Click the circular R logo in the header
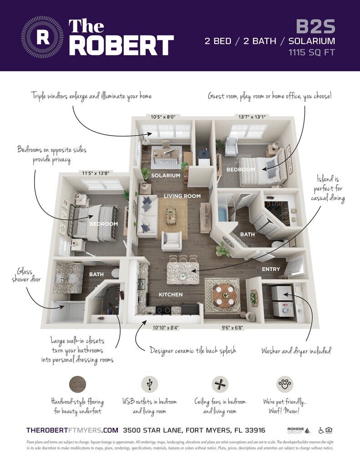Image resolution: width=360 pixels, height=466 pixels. coord(42,37)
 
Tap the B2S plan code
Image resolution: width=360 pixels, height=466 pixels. coord(315,26)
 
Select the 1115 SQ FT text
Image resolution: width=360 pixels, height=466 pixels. coord(312,53)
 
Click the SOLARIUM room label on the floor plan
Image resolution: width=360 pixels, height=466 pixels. coord(166,176)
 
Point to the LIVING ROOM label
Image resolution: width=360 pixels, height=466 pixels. coord(182,196)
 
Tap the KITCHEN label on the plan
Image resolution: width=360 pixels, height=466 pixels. coord(171,294)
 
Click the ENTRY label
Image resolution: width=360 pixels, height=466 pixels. coord(271,269)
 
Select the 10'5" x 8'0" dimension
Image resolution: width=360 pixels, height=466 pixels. coord(163,117)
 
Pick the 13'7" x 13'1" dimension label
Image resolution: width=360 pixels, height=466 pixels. coord(252,117)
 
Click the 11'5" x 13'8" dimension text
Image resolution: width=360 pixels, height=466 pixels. coord(96,173)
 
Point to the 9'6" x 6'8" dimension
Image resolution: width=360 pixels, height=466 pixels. coord(233,328)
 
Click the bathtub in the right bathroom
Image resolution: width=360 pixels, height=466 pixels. coord(223,214)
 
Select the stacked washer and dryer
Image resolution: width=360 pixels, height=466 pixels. coord(282,301)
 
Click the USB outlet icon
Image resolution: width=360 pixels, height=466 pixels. coord(150,384)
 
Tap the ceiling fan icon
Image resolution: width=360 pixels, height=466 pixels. coord(220,384)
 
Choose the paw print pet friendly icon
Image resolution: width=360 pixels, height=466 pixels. coord(285,384)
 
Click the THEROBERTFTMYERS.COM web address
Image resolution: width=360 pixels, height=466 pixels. coord(72,431)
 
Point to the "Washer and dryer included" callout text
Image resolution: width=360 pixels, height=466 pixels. coord(296,351)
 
